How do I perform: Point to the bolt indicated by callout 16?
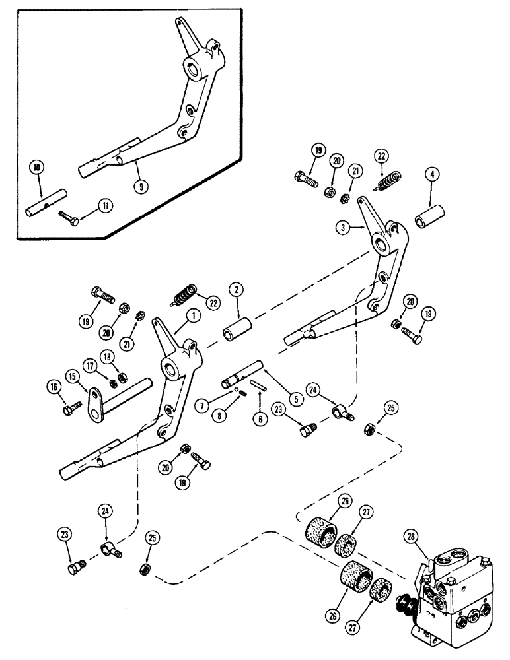[x=67, y=411]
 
